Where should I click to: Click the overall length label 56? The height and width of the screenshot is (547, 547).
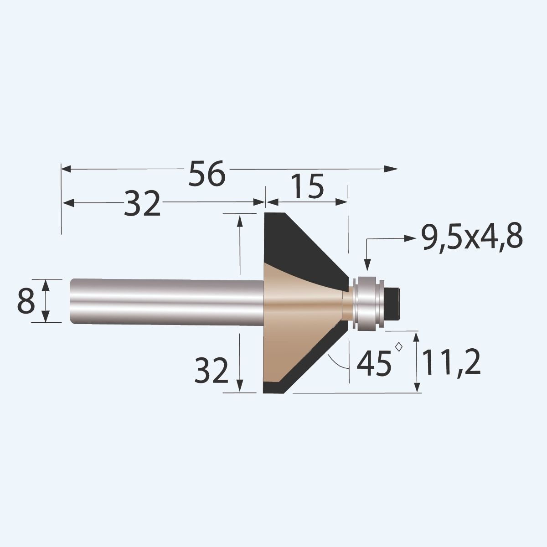[x=207, y=173]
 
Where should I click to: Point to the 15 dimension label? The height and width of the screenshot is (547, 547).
[x=307, y=186]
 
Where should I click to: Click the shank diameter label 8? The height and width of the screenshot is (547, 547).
[x=26, y=301]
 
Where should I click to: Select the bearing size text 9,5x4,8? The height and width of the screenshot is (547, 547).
[x=471, y=238]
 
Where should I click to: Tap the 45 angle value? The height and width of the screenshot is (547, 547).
[x=374, y=363]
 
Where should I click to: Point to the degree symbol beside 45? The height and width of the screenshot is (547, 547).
[x=399, y=346]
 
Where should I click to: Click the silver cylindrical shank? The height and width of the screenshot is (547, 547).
[x=164, y=302]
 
